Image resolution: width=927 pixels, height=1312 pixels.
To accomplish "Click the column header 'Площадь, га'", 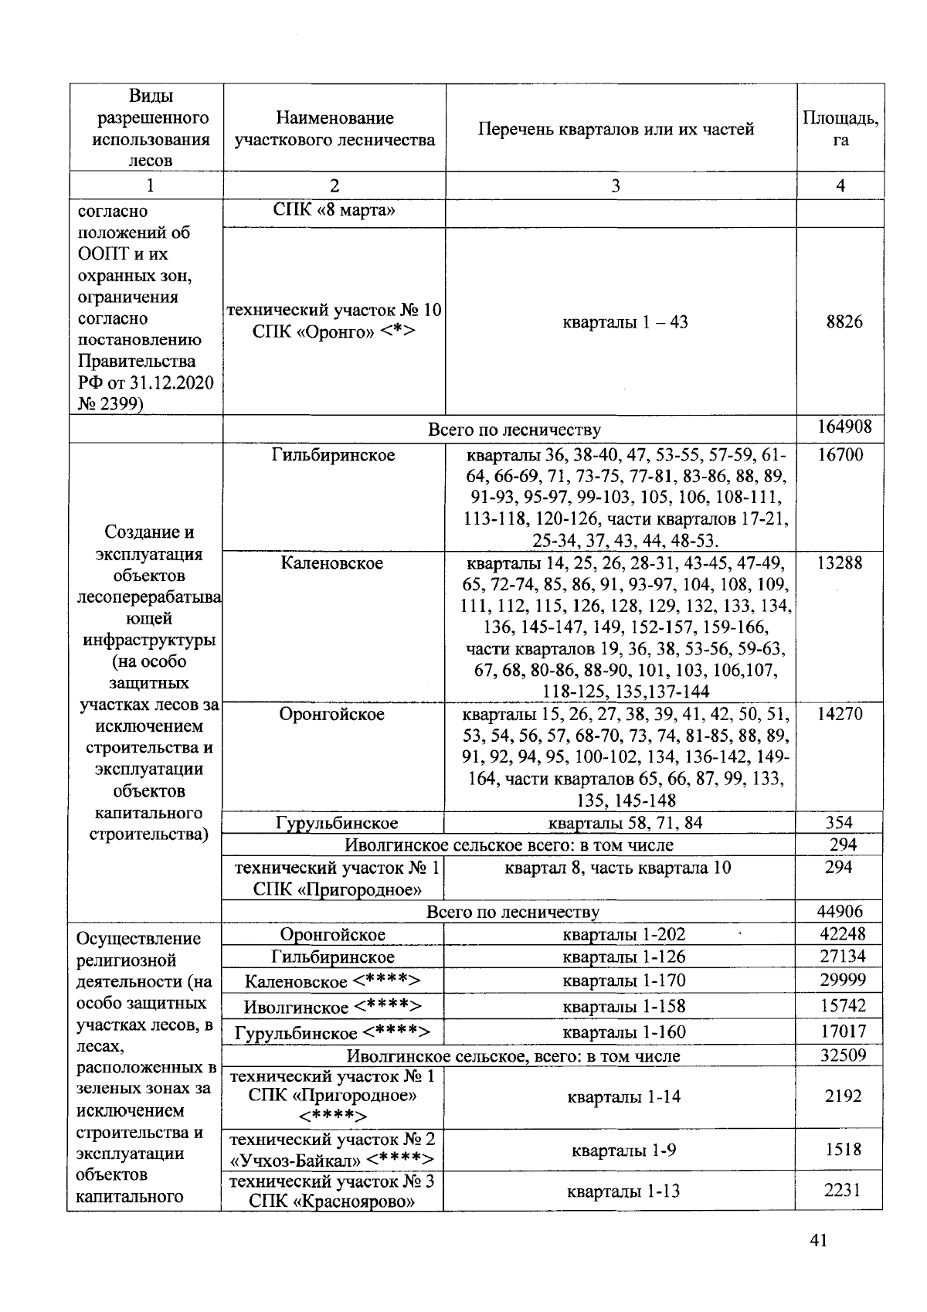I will [x=840, y=129].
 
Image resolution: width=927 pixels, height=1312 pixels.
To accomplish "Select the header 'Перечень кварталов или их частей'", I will [x=616, y=129].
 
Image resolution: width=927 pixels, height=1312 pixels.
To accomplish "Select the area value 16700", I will [x=840, y=454].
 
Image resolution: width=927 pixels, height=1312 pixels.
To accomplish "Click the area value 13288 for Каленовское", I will [x=840, y=563].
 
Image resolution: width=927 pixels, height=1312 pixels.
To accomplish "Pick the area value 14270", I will [x=840, y=714].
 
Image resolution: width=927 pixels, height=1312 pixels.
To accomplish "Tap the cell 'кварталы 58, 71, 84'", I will [x=625, y=823].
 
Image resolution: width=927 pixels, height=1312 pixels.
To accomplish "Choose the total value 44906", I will [x=840, y=912].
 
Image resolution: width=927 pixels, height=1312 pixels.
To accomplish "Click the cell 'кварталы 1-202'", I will [x=624, y=935].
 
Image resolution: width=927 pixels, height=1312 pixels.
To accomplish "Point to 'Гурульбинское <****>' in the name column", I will [x=332, y=1032].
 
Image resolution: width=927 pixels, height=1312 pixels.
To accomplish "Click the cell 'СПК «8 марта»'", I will [x=334, y=211].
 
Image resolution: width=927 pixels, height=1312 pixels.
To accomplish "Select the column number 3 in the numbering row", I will [x=616, y=185].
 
